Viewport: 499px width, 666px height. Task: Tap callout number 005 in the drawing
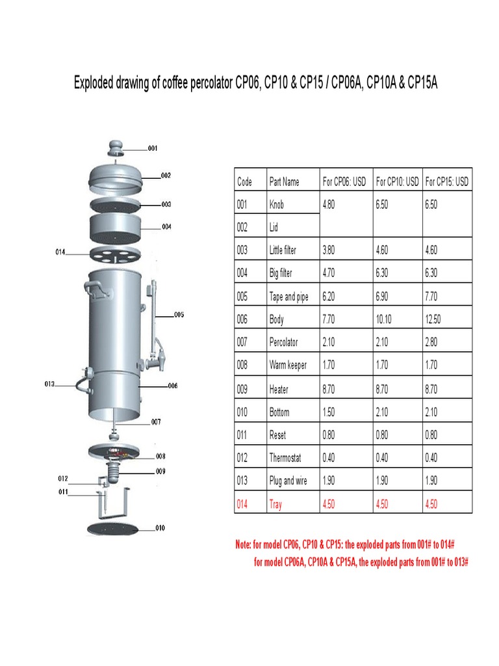(179, 315)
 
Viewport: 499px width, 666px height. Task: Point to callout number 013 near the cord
(49, 384)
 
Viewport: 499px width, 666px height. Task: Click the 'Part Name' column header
(284, 182)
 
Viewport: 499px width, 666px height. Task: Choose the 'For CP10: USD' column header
(397, 182)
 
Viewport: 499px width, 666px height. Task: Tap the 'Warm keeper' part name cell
(288, 366)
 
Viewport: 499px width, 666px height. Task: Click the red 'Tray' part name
(275, 504)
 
